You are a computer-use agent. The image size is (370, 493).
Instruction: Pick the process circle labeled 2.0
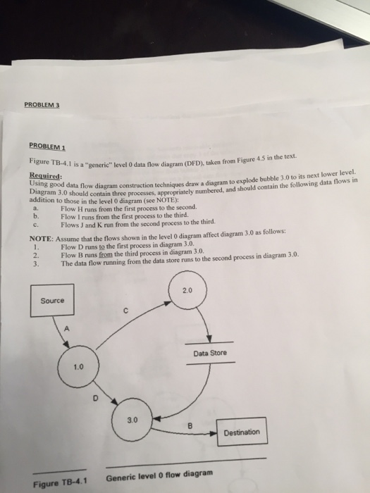[186, 290]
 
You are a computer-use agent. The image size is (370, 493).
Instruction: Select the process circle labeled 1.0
[78, 367]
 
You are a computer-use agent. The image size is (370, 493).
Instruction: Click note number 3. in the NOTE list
[36, 264]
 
